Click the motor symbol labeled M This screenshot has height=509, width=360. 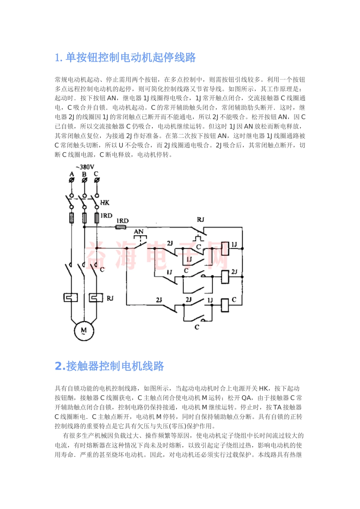(x=84, y=330)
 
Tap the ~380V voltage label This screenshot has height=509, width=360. (x=85, y=167)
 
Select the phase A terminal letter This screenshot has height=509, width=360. (x=72, y=174)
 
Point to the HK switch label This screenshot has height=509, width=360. (x=105, y=203)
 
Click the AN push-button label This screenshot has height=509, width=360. (x=139, y=231)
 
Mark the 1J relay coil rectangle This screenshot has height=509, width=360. (x=225, y=248)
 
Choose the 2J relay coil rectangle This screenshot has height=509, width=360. (x=225, y=276)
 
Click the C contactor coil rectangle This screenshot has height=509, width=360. (x=225, y=305)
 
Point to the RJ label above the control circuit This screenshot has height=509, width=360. (x=200, y=220)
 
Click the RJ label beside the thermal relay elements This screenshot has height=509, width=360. (x=110, y=298)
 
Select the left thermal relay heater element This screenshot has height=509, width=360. (x=70, y=298)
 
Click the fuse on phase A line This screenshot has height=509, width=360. (x=71, y=218)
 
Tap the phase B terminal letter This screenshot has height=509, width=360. (x=84, y=174)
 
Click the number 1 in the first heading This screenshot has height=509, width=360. (x=58, y=58)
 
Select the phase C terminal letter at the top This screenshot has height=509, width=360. (x=96, y=174)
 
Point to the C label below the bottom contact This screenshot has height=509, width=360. (x=197, y=326)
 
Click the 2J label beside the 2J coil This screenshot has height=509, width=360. (x=235, y=272)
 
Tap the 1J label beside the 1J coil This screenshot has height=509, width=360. (x=235, y=245)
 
